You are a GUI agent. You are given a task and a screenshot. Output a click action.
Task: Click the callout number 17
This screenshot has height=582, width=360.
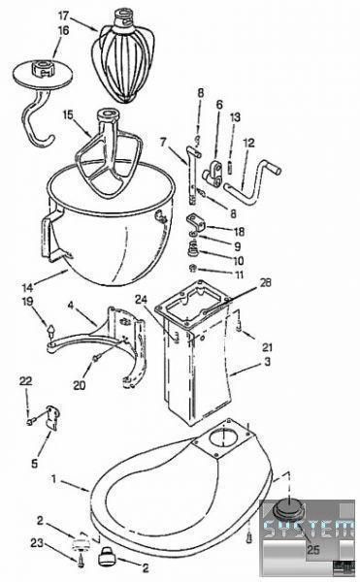(x=64, y=16)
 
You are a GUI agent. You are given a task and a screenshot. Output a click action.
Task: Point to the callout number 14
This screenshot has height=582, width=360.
(x=27, y=286)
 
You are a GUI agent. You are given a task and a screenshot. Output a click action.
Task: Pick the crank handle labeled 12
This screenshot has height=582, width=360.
(x=253, y=182)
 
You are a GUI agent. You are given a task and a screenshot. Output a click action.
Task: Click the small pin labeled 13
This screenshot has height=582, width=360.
(x=230, y=166)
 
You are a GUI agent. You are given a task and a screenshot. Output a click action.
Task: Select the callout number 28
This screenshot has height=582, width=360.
(x=265, y=283)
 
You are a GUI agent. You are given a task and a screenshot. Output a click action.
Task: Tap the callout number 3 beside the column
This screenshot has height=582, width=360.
(x=267, y=361)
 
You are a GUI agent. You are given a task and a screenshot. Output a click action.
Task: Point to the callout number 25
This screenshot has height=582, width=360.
(x=312, y=549)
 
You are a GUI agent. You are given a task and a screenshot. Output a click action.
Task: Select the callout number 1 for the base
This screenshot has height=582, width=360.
(x=54, y=479)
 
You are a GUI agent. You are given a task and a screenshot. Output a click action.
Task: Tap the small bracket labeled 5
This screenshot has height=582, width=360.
(x=52, y=417)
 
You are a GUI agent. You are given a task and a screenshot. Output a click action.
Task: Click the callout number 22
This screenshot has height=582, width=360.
(x=26, y=381)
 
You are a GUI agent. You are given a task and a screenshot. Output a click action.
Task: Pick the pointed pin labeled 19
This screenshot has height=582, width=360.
(x=50, y=330)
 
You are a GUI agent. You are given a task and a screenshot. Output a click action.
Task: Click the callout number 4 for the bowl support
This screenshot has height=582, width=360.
(x=71, y=306)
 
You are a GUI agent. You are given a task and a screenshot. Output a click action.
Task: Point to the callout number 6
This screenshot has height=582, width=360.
(x=219, y=105)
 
